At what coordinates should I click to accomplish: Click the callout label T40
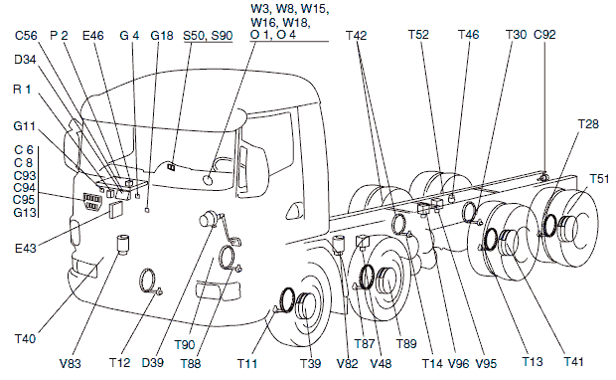click(25, 338)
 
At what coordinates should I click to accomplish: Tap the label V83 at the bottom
click(71, 363)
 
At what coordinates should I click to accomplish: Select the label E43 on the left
click(26, 249)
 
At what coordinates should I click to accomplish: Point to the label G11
click(25, 126)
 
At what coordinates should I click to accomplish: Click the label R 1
click(22, 90)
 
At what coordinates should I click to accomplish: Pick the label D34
click(25, 60)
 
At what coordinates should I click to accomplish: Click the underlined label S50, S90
click(208, 36)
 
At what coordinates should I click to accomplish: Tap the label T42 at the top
click(357, 36)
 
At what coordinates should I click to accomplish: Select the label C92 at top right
click(544, 35)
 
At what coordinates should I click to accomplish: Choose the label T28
click(588, 124)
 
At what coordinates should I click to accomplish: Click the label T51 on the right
click(599, 178)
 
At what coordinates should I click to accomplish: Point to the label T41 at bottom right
click(573, 361)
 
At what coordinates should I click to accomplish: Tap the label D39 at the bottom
click(152, 362)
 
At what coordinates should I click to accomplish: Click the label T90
click(185, 345)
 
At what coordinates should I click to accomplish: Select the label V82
click(348, 363)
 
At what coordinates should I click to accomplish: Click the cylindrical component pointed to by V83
click(124, 245)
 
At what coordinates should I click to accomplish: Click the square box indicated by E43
click(116, 209)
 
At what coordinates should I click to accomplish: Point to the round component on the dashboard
click(208, 180)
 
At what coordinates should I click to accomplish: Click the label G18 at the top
click(162, 36)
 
